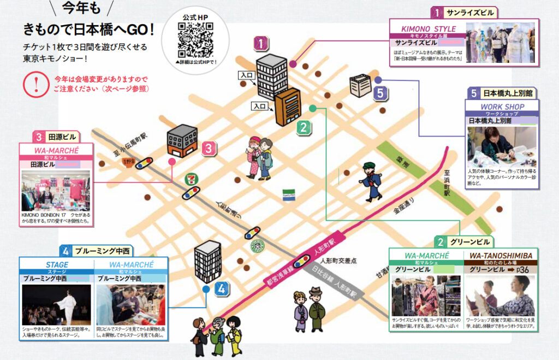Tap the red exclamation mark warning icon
pos(37,84)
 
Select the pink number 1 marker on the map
pos(262,43)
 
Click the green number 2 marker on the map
pos(304,128)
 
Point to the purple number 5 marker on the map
pos(380,93)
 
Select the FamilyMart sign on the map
pos(288,196)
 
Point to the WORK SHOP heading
pos(502,107)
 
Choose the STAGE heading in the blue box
pos(56,264)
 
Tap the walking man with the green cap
pos(371,181)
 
